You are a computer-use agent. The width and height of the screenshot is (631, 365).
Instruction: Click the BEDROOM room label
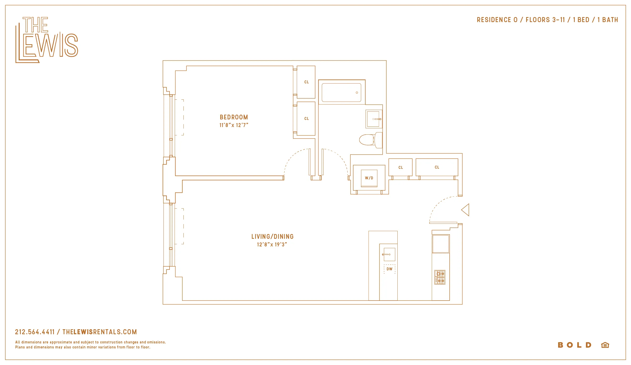point(234,117)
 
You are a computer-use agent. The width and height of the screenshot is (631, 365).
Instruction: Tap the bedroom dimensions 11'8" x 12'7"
point(234,125)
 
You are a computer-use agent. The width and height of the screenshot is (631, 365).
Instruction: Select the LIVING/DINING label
point(272,237)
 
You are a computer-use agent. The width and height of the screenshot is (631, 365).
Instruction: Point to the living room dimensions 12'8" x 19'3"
point(272,245)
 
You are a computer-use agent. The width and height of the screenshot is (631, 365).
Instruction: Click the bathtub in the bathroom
point(341,93)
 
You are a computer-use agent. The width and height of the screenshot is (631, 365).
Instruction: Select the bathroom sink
point(373,119)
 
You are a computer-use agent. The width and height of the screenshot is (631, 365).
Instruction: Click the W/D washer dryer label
point(369,178)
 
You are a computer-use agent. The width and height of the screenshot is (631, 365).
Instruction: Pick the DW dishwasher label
point(389,269)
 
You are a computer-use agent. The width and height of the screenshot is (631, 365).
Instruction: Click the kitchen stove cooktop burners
point(440,277)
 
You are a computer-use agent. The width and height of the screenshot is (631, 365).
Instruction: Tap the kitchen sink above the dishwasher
point(389,254)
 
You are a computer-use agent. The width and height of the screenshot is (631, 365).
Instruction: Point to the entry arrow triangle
point(466,210)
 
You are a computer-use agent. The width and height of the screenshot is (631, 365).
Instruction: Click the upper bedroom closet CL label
point(306,82)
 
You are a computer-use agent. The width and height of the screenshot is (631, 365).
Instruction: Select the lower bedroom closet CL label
point(306,119)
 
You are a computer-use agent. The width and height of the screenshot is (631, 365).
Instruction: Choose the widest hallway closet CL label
point(437,167)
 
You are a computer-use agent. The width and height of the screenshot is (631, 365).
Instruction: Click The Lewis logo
point(47,39)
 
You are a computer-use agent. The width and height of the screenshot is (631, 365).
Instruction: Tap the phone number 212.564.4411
point(35,332)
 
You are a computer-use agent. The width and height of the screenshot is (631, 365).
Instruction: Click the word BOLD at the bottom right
point(574,345)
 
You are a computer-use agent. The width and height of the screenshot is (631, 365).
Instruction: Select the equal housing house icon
point(605,345)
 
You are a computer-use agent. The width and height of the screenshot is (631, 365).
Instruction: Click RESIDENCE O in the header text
point(497,20)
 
